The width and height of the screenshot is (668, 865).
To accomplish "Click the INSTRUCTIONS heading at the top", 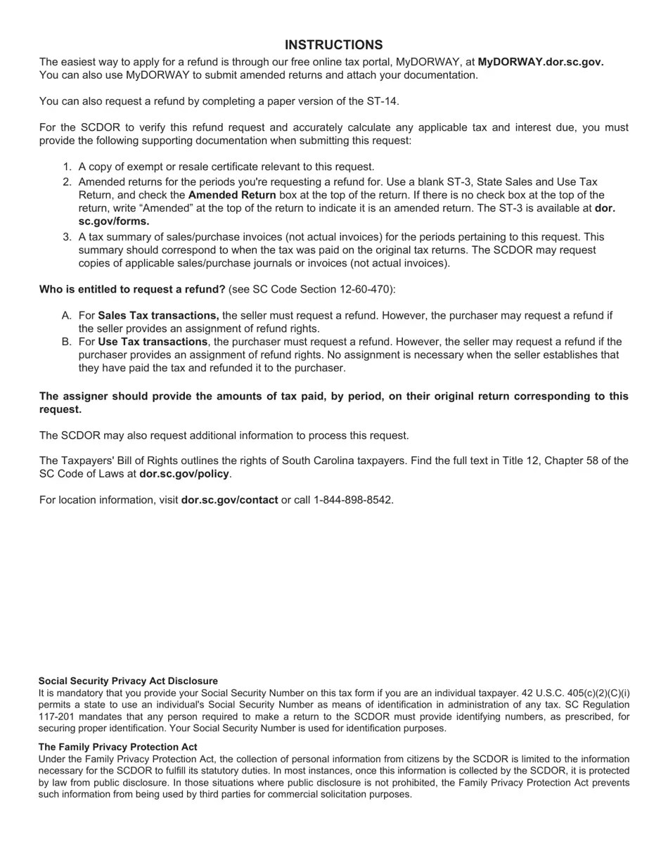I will [x=333, y=45].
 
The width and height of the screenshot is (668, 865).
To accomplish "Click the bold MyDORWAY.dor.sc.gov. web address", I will [x=540, y=62].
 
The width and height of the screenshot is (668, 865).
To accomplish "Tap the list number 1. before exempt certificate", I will [x=68, y=167].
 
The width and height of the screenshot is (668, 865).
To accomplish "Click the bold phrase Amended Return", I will [x=232, y=195].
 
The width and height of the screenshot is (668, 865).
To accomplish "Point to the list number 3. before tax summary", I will [x=68, y=237].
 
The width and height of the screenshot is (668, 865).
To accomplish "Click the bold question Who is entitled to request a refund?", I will [x=132, y=289].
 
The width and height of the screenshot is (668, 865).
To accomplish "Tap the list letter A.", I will [x=67, y=316].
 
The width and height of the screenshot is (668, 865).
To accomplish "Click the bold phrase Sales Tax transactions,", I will [x=158, y=316].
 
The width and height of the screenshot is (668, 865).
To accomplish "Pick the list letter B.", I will [x=67, y=342].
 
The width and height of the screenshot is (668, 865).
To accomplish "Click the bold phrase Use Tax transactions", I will [x=153, y=342].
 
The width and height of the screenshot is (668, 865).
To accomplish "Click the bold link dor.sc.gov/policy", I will [x=184, y=474].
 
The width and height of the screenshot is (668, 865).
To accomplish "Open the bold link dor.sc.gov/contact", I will [x=229, y=500].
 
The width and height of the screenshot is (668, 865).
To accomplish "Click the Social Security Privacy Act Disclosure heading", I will [x=128, y=681].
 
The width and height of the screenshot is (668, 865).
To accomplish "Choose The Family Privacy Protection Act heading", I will [x=117, y=747].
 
